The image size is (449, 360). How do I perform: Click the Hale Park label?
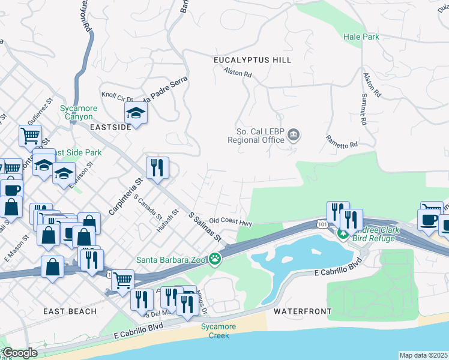pyautogui.click(x=361, y=37)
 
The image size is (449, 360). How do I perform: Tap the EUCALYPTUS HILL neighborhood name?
pyautogui.click(x=252, y=60)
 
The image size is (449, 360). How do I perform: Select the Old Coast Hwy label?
pyautogui.click(x=230, y=222)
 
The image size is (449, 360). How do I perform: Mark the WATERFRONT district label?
pyautogui.click(x=303, y=311)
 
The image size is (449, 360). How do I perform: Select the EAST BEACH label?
pyautogui.click(x=70, y=311)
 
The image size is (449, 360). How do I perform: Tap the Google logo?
pyautogui.click(x=19, y=353)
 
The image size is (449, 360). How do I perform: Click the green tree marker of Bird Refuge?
pyautogui.click(x=343, y=233)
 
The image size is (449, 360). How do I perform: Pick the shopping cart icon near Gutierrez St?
pyautogui.click(x=30, y=136)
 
